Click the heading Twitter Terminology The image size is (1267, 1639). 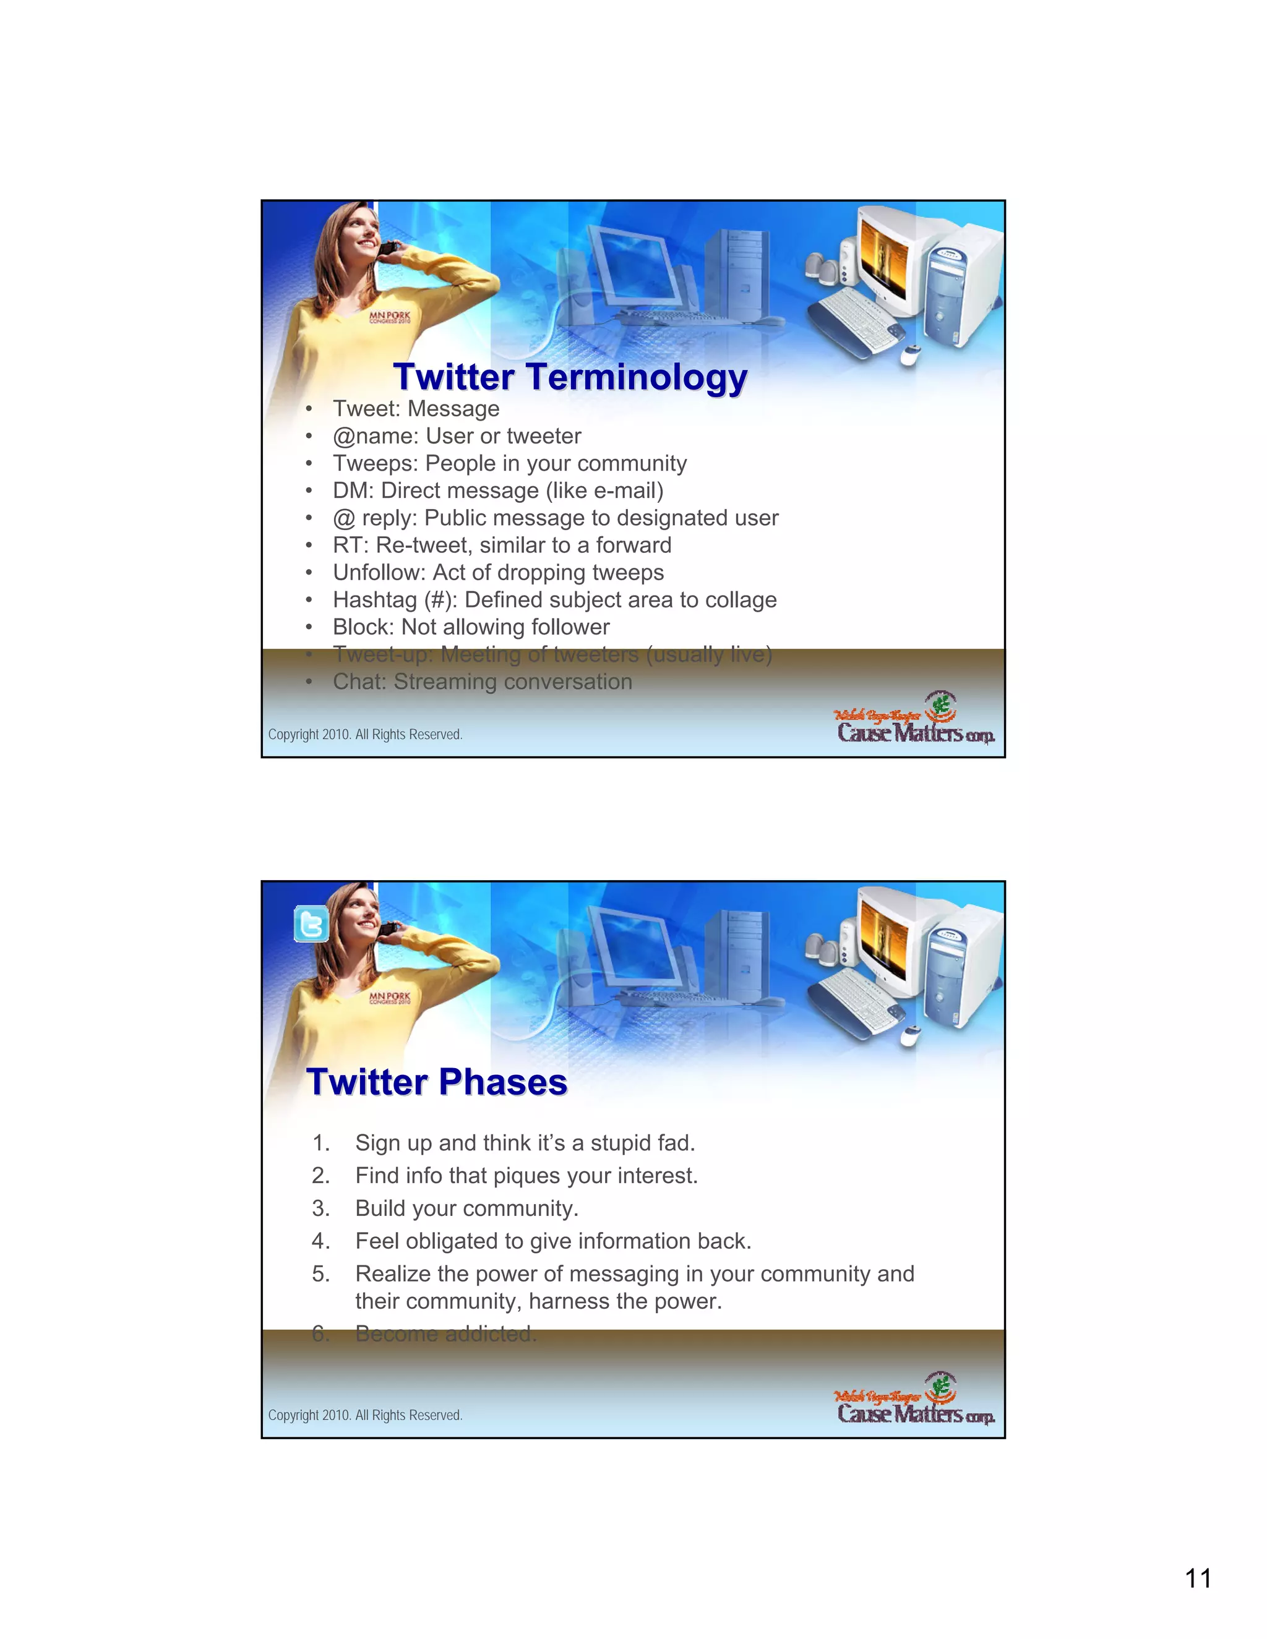(x=570, y=377)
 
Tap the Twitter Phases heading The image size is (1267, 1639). (x=437, y=1082)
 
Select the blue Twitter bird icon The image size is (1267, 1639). (x=311, y=924)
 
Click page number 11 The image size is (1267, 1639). (x=1198, y=1578)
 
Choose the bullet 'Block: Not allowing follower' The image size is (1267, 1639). (x=471, y=627)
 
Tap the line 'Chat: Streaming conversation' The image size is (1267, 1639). (x=482, y=682)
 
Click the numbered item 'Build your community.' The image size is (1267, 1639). (x=466, y=1209)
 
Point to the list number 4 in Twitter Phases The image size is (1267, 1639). (x=320, y=1241)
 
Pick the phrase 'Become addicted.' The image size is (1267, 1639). (x=446, y=1333)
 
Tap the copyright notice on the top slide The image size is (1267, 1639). (x=365, y=735)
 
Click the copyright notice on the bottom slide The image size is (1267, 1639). (x=365, y=1415)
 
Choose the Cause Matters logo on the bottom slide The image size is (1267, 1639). (x=915, y=1400)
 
